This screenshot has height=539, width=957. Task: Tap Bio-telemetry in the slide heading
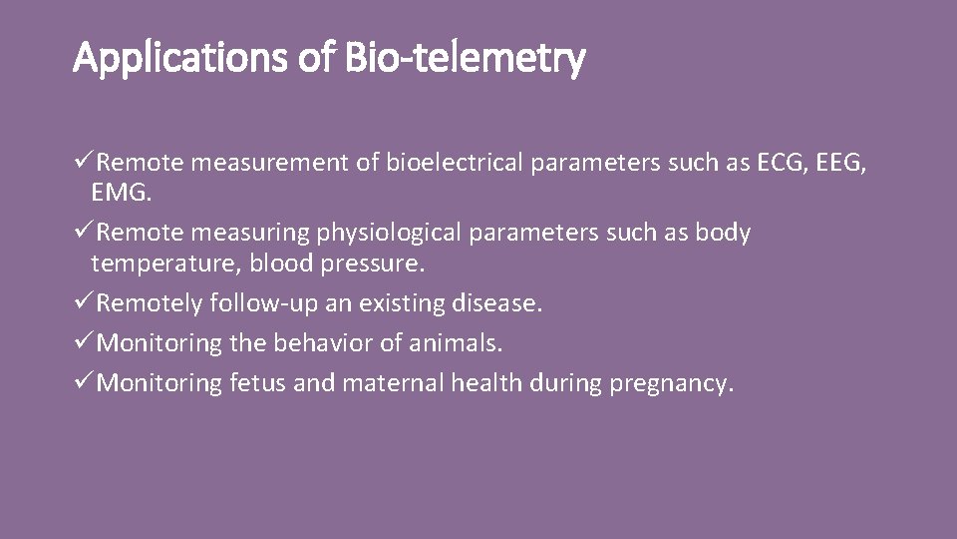(465, 60)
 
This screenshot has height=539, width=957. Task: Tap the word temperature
(163, 264)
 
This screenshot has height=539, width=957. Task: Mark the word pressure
(373, 264)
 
